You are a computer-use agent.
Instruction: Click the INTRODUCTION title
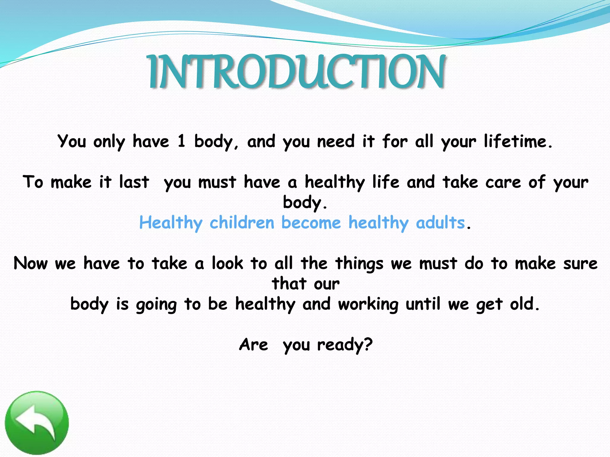pyautogui.click(x=297, y=72)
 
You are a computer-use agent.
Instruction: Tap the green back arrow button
pyautogui.click(x=37, y=422)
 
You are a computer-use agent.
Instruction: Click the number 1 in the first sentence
pyautogui.click(x=181, y=141)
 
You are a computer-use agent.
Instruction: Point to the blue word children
pyautogui.click(x=242, y=223)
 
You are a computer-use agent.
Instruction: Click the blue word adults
pyautogui.click(x=440, y=223)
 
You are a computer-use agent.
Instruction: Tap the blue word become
pyautogui.click(x=311, y=223)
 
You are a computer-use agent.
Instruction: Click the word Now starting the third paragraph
pyautogui.click(x=31, y=263)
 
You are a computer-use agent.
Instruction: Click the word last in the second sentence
pyautogui.click(x=134, y=182)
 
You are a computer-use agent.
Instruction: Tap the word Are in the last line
pyautogui.click(x=253, y=345)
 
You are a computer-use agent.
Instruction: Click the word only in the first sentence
pyautogui.click(x=109, y=142)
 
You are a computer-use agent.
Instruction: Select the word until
pyautogui.click(x=423, y=304)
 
